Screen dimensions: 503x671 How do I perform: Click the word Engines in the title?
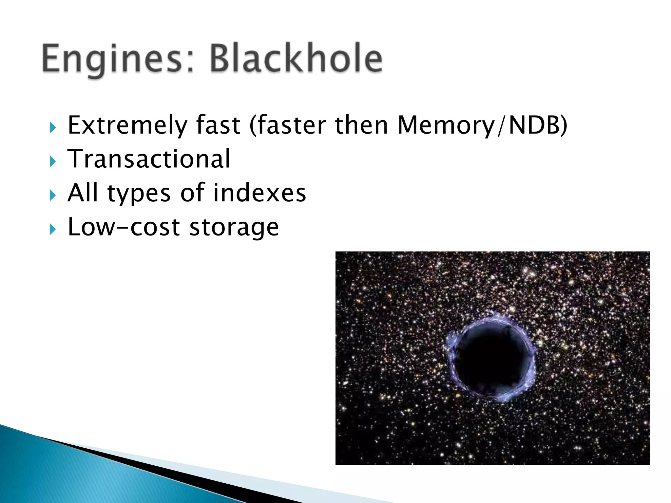click(x=112, y=59)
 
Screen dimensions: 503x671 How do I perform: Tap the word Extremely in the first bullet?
click(x=127, y=125)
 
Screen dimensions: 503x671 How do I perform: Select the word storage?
click(x=234, y=228)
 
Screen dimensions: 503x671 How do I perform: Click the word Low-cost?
click(x=124, y=227)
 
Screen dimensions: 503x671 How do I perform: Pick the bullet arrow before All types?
click(x=52, y=196)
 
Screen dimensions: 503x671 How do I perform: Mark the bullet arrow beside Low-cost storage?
click(x=52, y=230)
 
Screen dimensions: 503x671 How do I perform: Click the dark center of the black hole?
click(x=491, y=359)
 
